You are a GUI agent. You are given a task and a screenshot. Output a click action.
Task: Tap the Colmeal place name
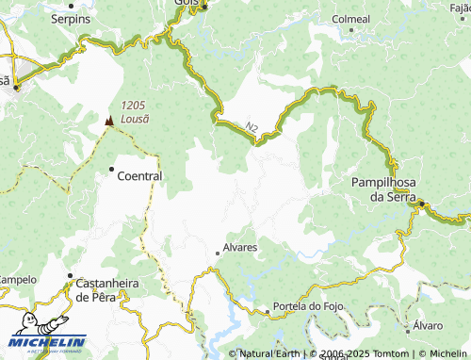(352, 18)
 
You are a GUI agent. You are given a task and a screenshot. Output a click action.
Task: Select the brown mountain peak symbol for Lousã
(109, 121)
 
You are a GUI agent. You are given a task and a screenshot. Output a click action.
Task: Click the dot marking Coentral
(111, 170)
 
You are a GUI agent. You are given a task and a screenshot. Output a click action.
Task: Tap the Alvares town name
(240, 249)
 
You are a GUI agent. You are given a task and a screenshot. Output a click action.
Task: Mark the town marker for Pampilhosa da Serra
(423, 203)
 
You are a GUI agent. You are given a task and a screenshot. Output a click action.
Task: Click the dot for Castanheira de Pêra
(69, 276)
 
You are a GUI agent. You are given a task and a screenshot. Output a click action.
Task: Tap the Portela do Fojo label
(304, 307)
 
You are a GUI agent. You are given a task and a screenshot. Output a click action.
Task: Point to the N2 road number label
(251, 125)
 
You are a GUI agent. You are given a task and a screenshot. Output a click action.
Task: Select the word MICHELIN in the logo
(47, 341)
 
